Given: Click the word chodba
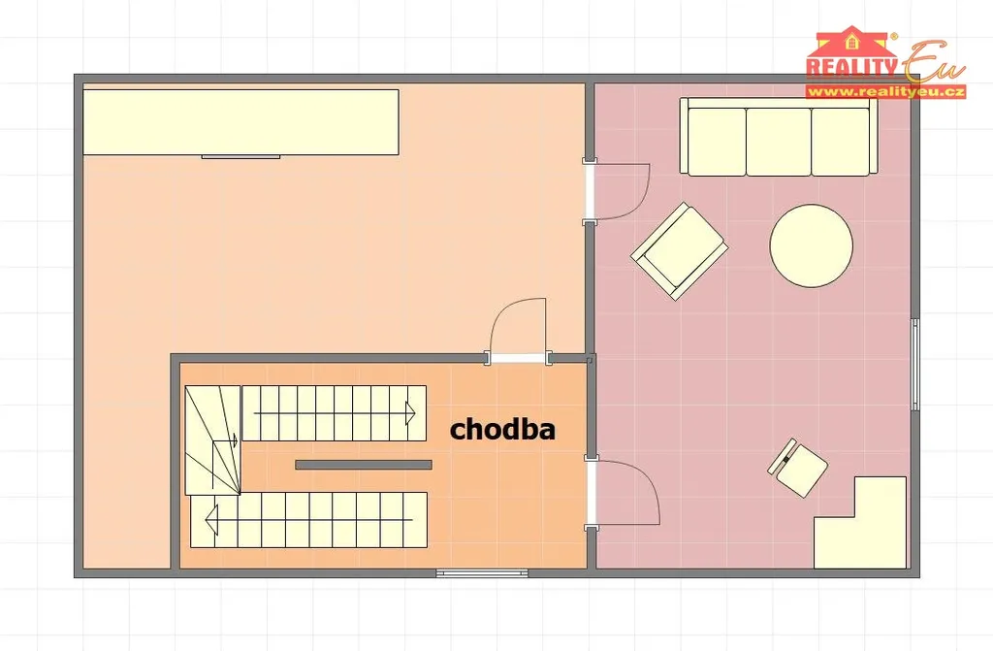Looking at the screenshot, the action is (502, 429).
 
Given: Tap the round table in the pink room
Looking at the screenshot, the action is (812, 246).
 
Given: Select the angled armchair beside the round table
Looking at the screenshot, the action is (679, 251).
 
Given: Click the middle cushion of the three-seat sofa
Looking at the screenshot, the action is (779, 142).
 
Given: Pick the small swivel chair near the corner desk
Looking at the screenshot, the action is (798, 468).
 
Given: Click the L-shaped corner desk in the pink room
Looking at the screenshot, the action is (860, 523).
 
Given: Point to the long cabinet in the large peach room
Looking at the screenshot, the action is (240, 121).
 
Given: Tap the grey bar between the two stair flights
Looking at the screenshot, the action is (364, 465).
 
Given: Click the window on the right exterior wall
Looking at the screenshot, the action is (914, 365).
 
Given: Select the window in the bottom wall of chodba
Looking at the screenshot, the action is (482, 573).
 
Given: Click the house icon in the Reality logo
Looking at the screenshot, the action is (851, 42).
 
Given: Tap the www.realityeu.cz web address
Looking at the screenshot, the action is (886, 92).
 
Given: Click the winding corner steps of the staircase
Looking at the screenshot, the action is (212, 439).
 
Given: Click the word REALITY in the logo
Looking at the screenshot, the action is (851, 67).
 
